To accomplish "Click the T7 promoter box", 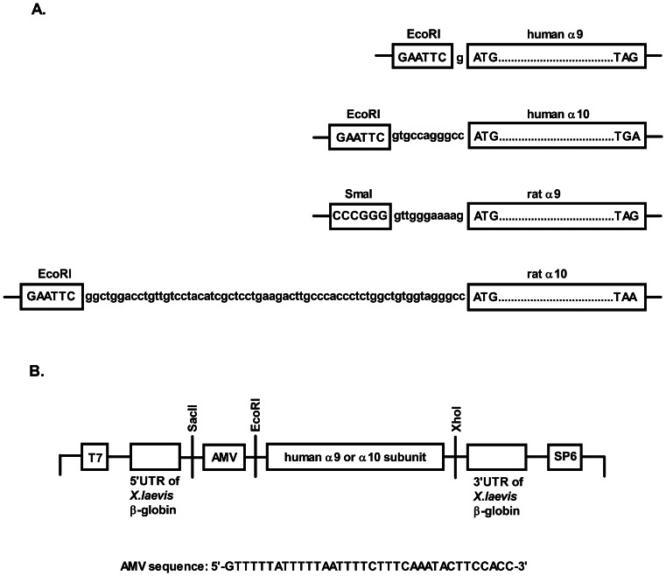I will tap(94, 457).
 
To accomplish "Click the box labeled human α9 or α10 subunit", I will tap(354, 457).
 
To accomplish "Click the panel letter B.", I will tap(37, 371).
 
